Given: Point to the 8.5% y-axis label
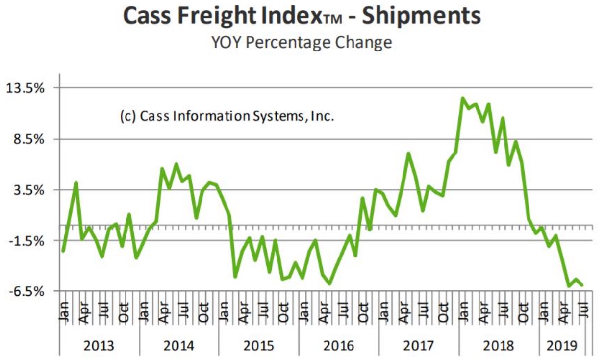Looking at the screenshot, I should [x=32, y=139].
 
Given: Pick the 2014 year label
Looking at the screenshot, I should [x=178, y=346].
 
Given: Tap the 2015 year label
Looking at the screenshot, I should [x=258, y=346].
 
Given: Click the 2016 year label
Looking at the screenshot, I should [x=338, y=346].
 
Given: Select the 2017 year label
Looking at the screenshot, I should [x=418, y=346].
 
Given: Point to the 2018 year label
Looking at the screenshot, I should [x=498, y=346].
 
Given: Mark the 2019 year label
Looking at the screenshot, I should [x=562, y=346].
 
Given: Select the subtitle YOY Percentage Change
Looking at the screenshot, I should [x=302, y=42].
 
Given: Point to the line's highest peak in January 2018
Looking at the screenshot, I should [x=462, y=98].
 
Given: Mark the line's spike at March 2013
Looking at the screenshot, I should [x=76, y=183].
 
